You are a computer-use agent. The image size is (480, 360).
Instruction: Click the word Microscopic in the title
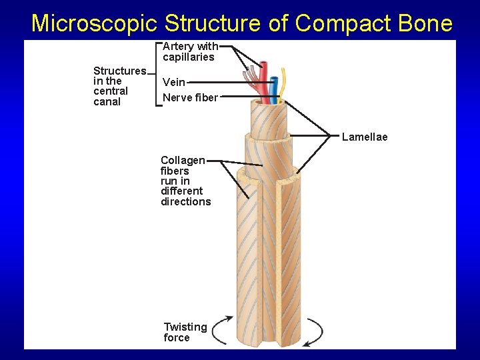pyautogui.click(x=94, y=23)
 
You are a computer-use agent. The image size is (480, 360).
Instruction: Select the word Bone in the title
pyautogui.click(x=424, y=23)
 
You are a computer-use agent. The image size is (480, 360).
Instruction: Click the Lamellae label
pyautogui.click(x=364, y=137)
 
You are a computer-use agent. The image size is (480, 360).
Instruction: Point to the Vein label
pyautogui.click(x=174, y=83)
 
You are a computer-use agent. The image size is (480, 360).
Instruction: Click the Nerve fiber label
pyautogui.click(x=190, y=98)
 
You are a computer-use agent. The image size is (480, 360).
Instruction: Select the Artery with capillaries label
pyautogui.click(x=190, y=51)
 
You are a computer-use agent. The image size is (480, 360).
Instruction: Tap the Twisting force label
pyautogui.click(x=185, y=332)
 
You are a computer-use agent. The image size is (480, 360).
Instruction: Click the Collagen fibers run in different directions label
pyautogui.click(x=185, y=181)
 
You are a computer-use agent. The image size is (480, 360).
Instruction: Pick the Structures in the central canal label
pyautogui.click(x=119, y=86)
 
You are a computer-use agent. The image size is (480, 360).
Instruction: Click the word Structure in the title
pyautogui.click(x=212, y=23)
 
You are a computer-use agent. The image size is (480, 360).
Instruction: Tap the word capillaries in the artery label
pyautogui.click(x=189, y=57)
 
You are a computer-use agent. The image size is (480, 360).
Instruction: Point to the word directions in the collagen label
pyautogui.click(x=185, y=202)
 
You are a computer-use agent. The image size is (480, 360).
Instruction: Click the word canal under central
pyautogui.click(x=107, y=102)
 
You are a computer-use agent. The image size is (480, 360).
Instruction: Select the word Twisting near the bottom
pyautogui.click(x=185, y=327)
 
